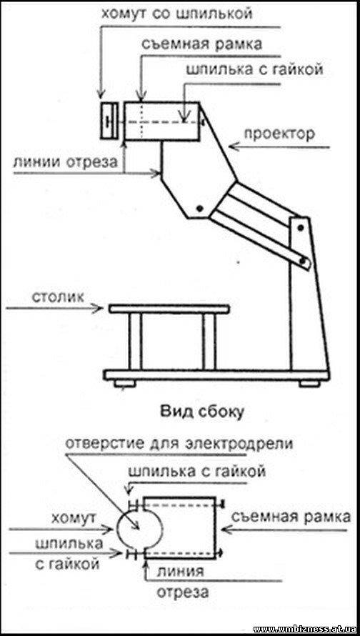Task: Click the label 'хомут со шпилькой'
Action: pyautogui.click(x=176, y=14)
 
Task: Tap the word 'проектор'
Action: pyautogui.click(x=279, y=134)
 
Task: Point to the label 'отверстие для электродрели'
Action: pyautogui.click(x=179, y=444)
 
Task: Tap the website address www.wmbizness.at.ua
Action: pyautogui.click(x=305, y=629)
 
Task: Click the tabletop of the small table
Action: pyautogui.click(x=169, y=309)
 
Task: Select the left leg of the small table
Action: pyautogui.click(x=136, y=341)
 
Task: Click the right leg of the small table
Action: pyautogui.click(x=209, y=341)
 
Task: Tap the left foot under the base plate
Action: pyautogui.click(x=124, y=383)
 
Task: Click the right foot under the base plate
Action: pyautogui.click(x=310, y=383)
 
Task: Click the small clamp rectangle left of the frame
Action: pyautogui.click(x=109, y=121)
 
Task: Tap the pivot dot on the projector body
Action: pyautogui.click(x=199, y=209)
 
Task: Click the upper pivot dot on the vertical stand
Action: pyautogui.click(x=301, y=227)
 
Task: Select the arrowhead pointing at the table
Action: pyautogui.click(x=99, y=309)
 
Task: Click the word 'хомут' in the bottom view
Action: pyautogui.click(x=73, y=518)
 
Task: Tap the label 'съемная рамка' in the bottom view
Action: pyautogui.click(x=291, y=517)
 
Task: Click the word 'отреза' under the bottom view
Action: pyautogui.click(x=183, y=592)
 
